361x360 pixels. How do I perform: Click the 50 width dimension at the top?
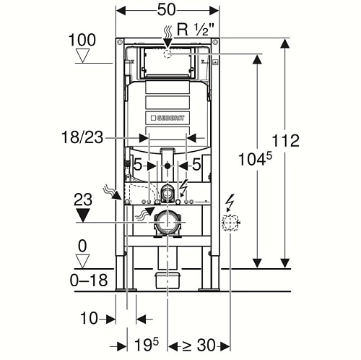coord(167,10)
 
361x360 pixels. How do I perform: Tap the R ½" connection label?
coord(196,30)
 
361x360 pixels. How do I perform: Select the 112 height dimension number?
coord(286,140)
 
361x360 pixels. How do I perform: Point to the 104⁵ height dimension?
coord(255,159)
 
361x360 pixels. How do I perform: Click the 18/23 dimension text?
coord(82,137)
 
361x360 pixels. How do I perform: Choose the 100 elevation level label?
coord(82,40)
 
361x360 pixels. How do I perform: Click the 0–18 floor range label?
coord(89,280)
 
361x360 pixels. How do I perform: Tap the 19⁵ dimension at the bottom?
coord(147,345)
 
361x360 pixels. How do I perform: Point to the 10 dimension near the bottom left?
coord(89,318)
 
